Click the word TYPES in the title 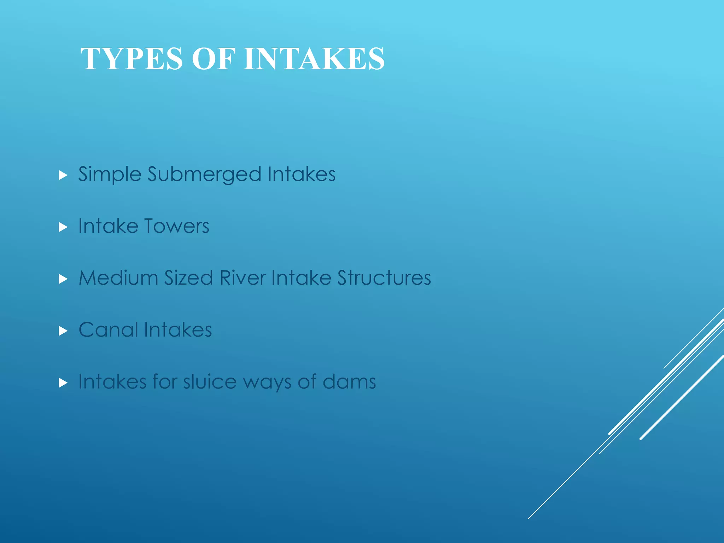point(132,59)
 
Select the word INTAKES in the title point(314,59)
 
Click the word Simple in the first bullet point(110,174)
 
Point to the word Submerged point(204,174)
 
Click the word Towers point(177,226)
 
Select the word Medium point(118,278)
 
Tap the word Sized point(188,278)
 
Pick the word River point(242,278)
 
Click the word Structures point(384,278)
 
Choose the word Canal point(108,330)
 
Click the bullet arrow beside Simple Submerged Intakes point(63,175)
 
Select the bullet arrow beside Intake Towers point(63,227)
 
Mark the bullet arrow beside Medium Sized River point(63,279)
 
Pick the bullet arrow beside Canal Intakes point(63,331)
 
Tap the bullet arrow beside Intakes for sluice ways point(63,383)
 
